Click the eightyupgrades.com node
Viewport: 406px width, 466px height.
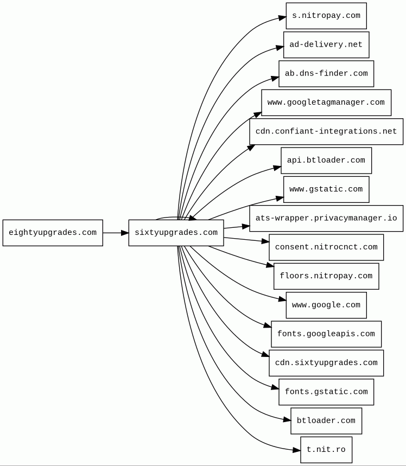click(x=53, y=233)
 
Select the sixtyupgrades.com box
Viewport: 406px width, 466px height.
click(x=176, y=233)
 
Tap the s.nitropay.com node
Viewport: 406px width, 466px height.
click(x=326, y=16)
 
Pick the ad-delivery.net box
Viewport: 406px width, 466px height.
click(x=326, y=44)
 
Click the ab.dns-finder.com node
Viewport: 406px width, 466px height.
click(x=326, y=74)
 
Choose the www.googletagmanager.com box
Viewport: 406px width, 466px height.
click(x=326, y=103)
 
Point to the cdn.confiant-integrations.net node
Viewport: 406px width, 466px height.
click(x=326, y=132)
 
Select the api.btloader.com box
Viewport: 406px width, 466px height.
click(x=326, y=161)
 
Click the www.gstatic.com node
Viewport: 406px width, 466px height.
click(x=326, y=189)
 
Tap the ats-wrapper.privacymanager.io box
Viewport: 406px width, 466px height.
click(x=326, y=219)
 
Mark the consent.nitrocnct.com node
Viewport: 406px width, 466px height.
click(x=326, y=247)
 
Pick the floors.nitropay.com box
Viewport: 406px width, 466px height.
click(x=326, y=276)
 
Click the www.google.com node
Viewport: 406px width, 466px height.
click(x=326, y=305)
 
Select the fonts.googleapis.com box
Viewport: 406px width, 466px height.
click(x=326, y=334)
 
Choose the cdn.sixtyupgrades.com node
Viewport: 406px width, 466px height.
click(x=326, y=363)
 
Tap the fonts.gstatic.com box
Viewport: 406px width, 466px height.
click(x=326, y=392)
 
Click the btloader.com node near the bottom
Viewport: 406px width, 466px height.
click(x=326, y=421)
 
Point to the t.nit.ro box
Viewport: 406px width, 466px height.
click(x=326, y=450)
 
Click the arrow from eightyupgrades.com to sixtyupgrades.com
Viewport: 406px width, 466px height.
click(x=115, y=233)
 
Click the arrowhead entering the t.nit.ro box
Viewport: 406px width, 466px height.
click(x=297, y=450)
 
